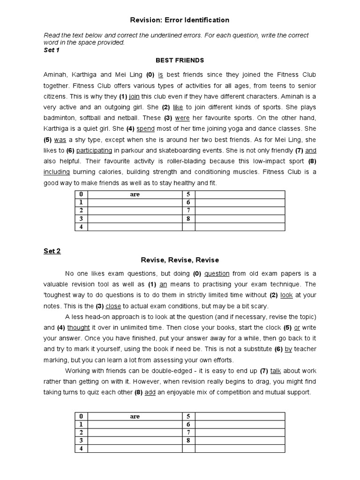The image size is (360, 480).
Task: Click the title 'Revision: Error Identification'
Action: [180, 20]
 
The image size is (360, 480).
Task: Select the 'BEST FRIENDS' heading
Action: [180, 60]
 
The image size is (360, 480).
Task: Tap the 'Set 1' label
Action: [52, 50]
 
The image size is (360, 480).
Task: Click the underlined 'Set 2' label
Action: [52, 251]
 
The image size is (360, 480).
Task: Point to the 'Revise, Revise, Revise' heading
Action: [180, 260]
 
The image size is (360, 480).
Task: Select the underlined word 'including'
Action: [57, 172]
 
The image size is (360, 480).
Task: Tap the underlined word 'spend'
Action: [145, 128]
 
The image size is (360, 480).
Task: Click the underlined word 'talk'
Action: [276, 371]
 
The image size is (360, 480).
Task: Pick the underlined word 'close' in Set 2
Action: [113, 306]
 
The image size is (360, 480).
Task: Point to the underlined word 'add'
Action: [150, 392]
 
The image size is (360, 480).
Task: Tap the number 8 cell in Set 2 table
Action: [188, 441]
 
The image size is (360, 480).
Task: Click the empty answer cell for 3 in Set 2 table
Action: [135, 441]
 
